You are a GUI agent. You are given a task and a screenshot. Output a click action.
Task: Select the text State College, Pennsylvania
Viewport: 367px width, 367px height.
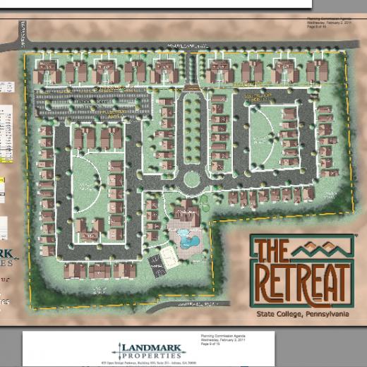[x=302, y=314]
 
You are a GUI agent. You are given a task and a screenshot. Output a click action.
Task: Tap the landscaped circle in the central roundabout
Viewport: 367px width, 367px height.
[x=191, y=180]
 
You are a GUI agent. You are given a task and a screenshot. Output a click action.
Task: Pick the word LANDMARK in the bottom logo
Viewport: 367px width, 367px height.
[x=152, y=347]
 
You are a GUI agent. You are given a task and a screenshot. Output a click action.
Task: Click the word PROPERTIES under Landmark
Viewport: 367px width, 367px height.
[x=152, y=356]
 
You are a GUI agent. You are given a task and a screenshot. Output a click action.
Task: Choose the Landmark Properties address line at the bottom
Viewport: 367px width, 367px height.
[x=151, y=363]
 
